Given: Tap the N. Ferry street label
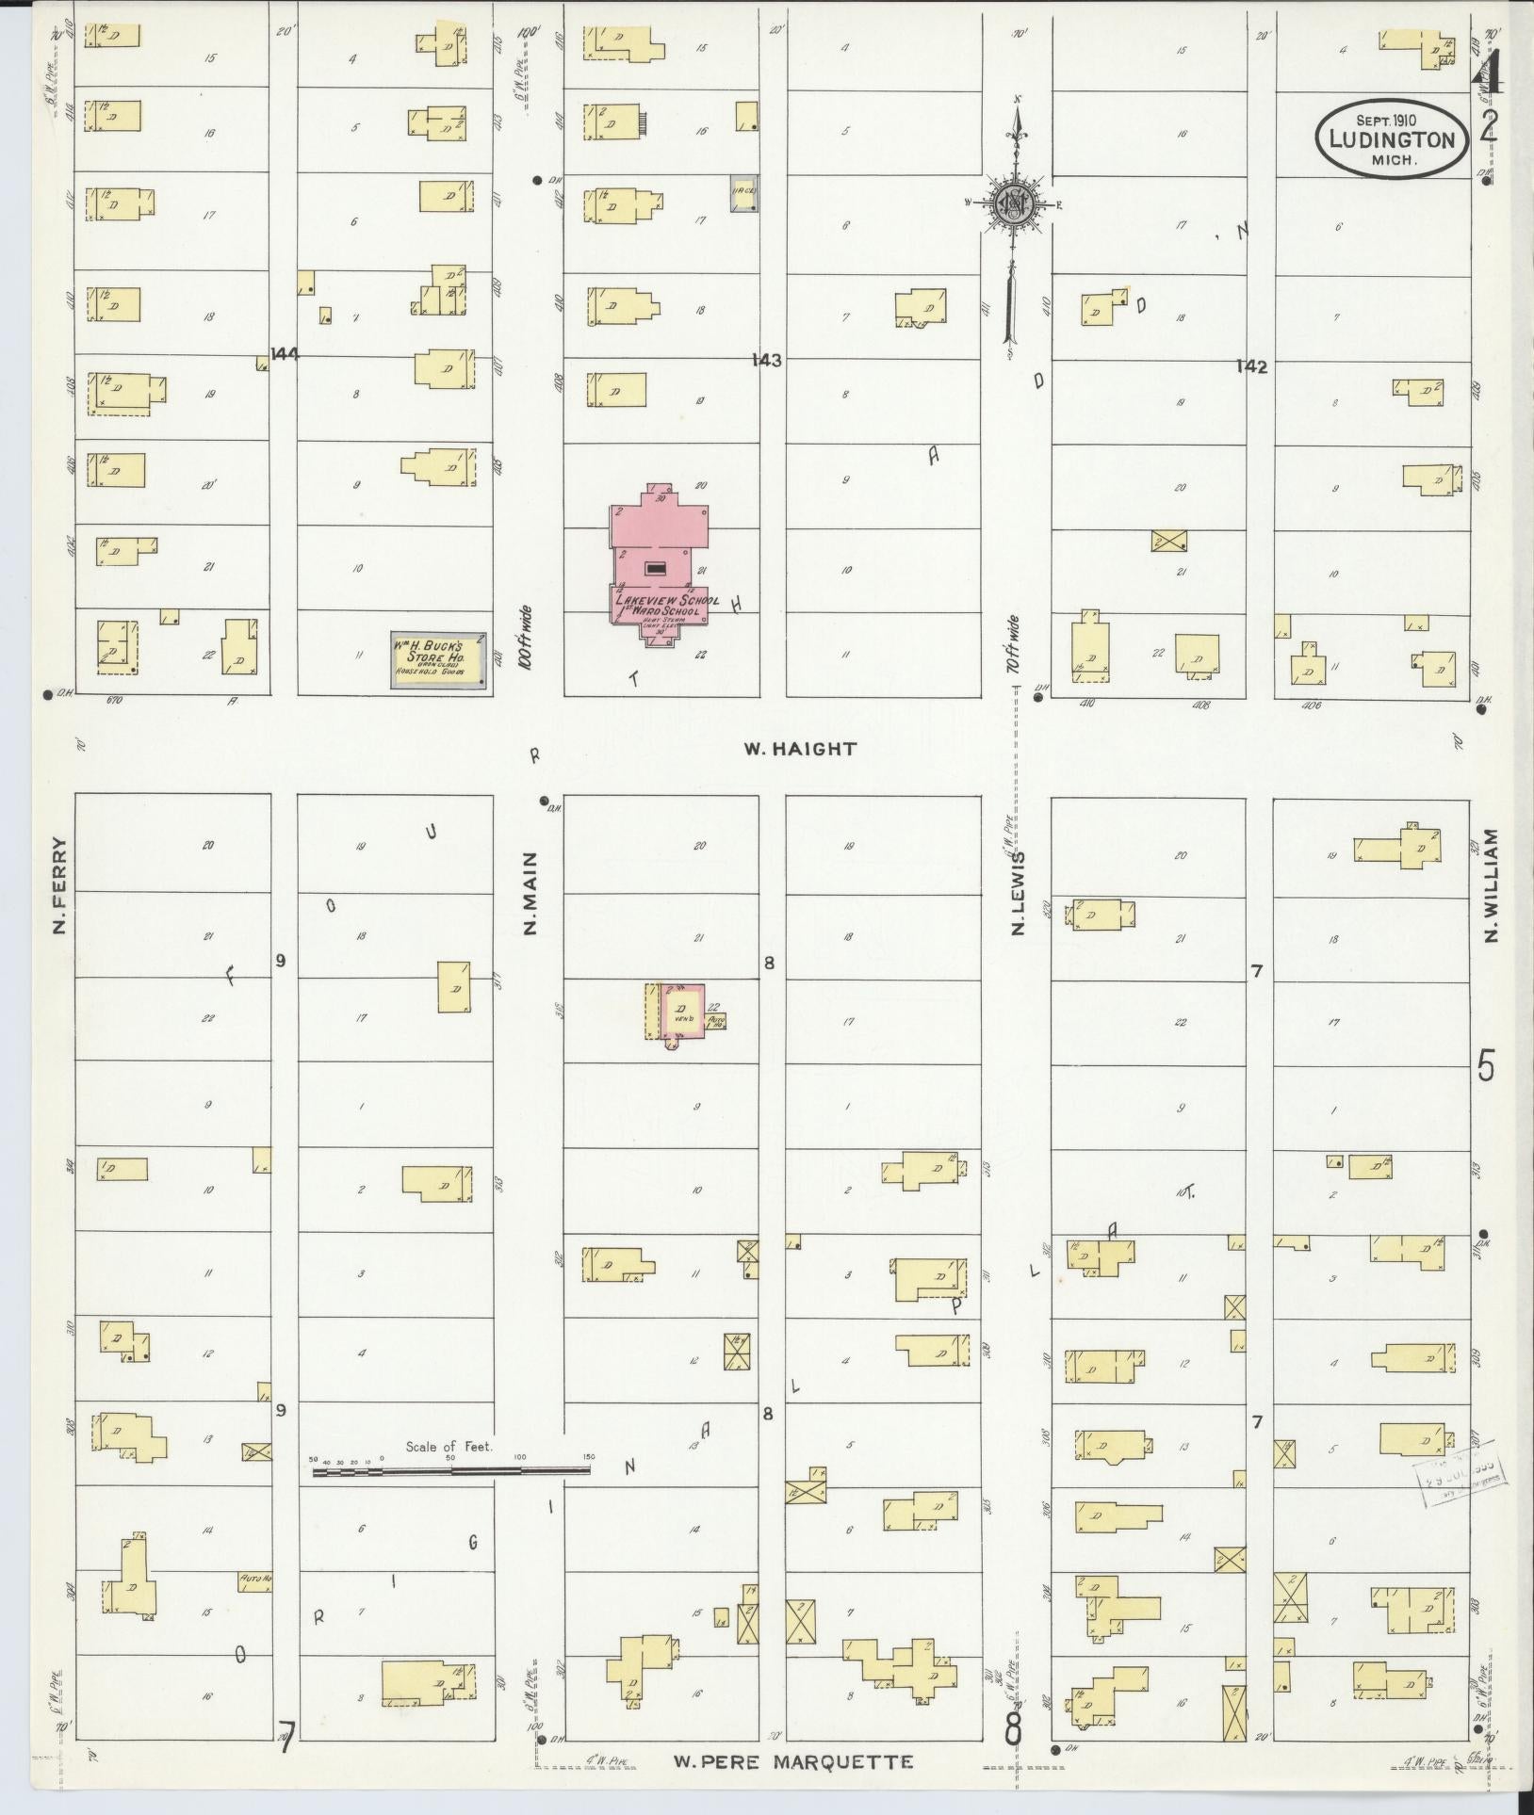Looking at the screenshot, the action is point(60,884).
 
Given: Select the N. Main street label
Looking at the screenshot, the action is point(530,893).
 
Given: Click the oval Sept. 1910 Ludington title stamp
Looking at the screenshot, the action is point(1391,139).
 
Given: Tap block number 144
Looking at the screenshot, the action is point(284,354).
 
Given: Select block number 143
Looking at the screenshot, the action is point(767,360).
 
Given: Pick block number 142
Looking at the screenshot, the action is point(1252,366).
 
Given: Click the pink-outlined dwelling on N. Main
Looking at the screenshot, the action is point(681,1011).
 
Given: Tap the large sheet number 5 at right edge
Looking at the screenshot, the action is point(1486,1068).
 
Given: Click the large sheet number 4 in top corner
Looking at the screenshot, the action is point(1488,73).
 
